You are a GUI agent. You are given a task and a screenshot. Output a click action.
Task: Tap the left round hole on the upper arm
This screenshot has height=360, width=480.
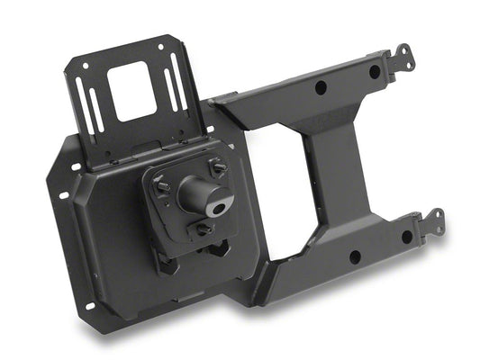320,88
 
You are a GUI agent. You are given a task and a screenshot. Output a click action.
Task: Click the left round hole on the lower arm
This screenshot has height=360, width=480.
352,256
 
